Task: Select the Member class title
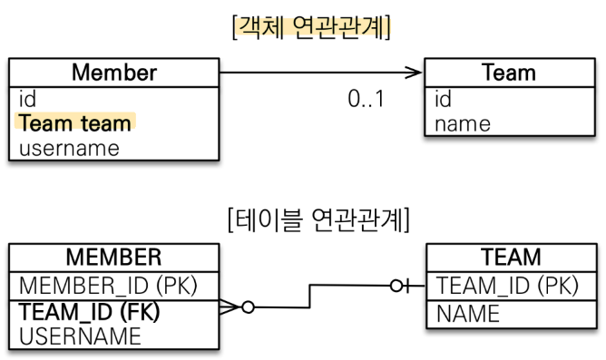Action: (113, 71)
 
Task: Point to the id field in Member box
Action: (26, 99)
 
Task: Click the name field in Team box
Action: (463, 123)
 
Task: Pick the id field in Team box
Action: (445, 99)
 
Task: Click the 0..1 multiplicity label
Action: (366, 99)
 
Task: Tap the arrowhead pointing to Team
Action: (415, 72)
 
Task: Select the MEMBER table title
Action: (113, 258)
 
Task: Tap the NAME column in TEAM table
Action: (467, 314)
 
